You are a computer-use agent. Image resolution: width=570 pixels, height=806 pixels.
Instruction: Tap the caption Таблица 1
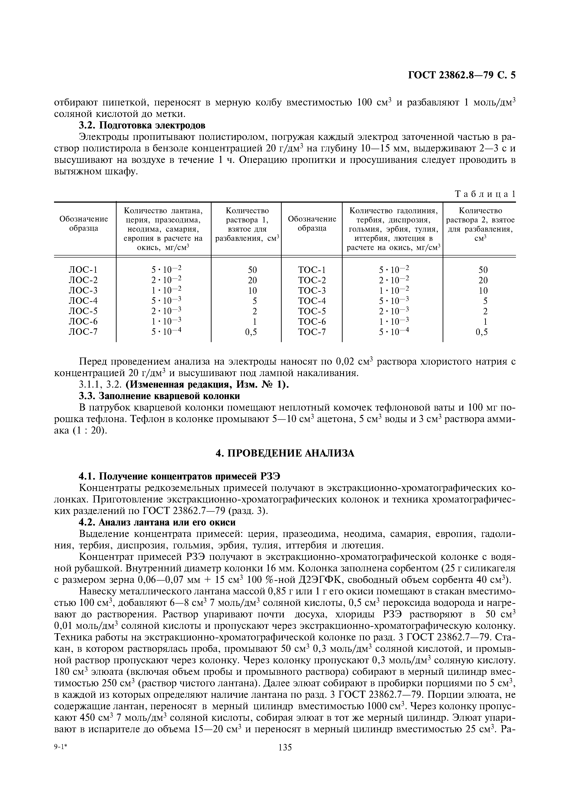485,194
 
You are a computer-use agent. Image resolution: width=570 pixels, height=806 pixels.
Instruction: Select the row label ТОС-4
312,301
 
